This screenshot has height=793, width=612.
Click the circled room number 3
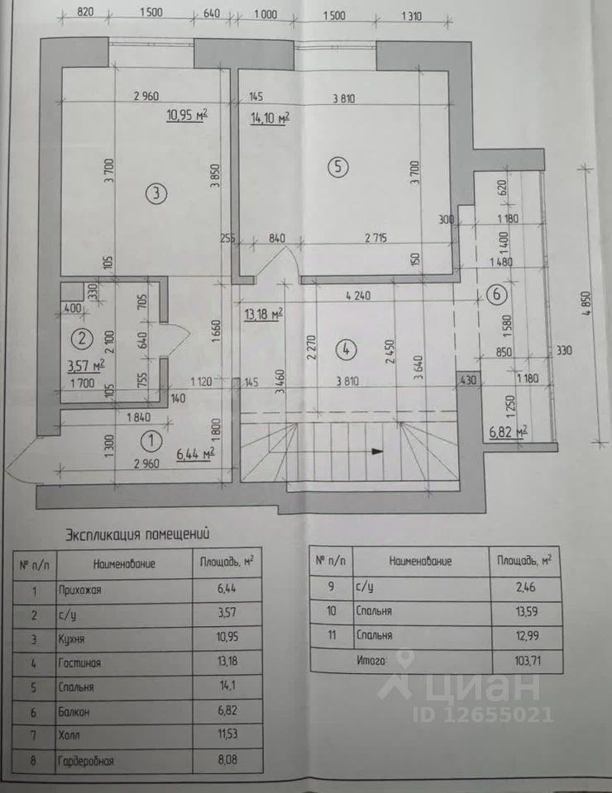pos(155,194)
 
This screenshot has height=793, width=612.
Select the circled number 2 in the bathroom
pos(80,337)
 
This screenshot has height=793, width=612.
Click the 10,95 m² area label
pos(187,116)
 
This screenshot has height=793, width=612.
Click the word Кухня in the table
pos(74,639)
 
